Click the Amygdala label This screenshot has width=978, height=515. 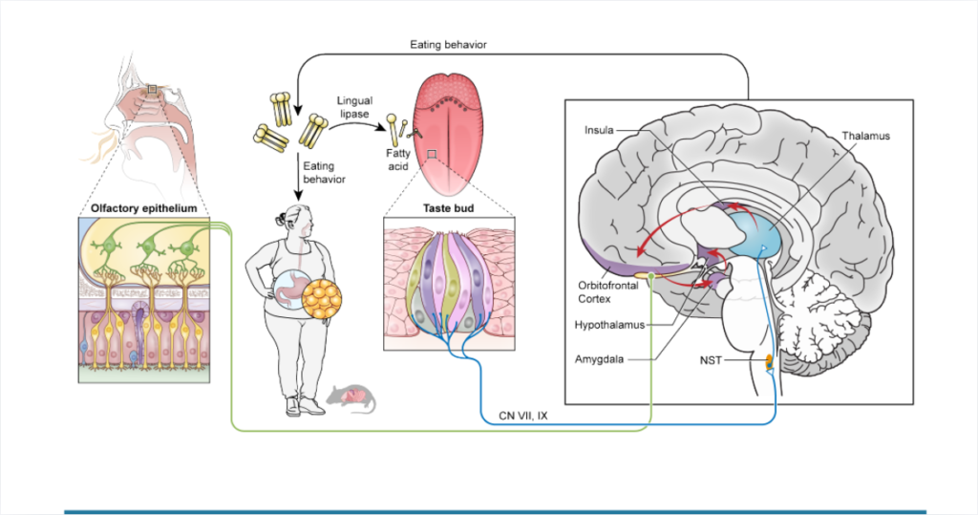tap(604, 359)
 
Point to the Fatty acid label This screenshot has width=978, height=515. tap(398, 159)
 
